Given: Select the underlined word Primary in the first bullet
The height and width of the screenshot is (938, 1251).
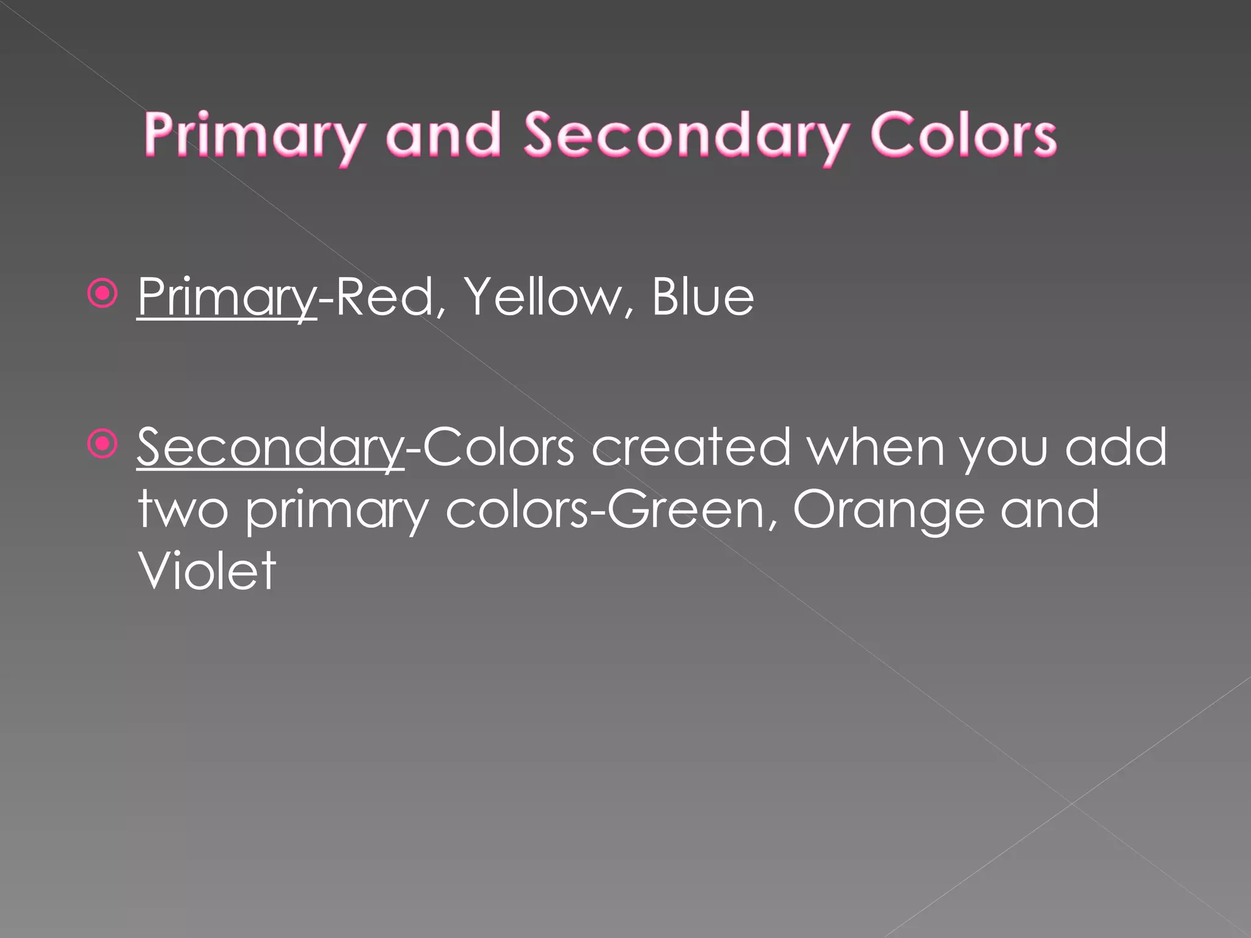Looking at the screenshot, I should (x=227, y=297).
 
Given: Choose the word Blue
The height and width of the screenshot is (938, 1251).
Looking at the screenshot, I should (x=702, y=297).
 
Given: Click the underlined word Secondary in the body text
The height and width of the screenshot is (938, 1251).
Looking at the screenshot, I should (x=269, y=448).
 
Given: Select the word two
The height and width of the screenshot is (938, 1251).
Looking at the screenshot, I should (x=183, y=510).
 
